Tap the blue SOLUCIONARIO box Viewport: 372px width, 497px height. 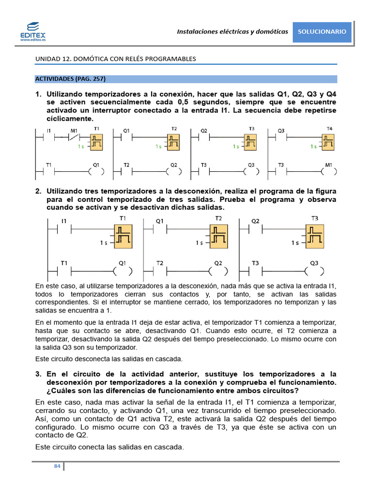(x=322, y=32)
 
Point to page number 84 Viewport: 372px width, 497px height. (x=57, y=466)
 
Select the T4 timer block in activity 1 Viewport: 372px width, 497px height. (x=329, y=142)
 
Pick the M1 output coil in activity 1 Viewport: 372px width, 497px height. (x=329, y=171)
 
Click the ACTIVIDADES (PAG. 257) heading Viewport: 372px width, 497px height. (x=70, y=79)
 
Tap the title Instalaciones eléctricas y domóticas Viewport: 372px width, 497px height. (x=232, y=32)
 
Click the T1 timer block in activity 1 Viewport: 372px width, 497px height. (x=97, y=142)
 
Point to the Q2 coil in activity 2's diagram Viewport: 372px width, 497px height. (x=218, y=271)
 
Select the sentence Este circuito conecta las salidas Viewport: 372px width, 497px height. (x=110, y=447)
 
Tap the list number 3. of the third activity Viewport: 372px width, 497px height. (x=39, y=374)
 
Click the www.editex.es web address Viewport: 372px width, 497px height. (x=33, y=40)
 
